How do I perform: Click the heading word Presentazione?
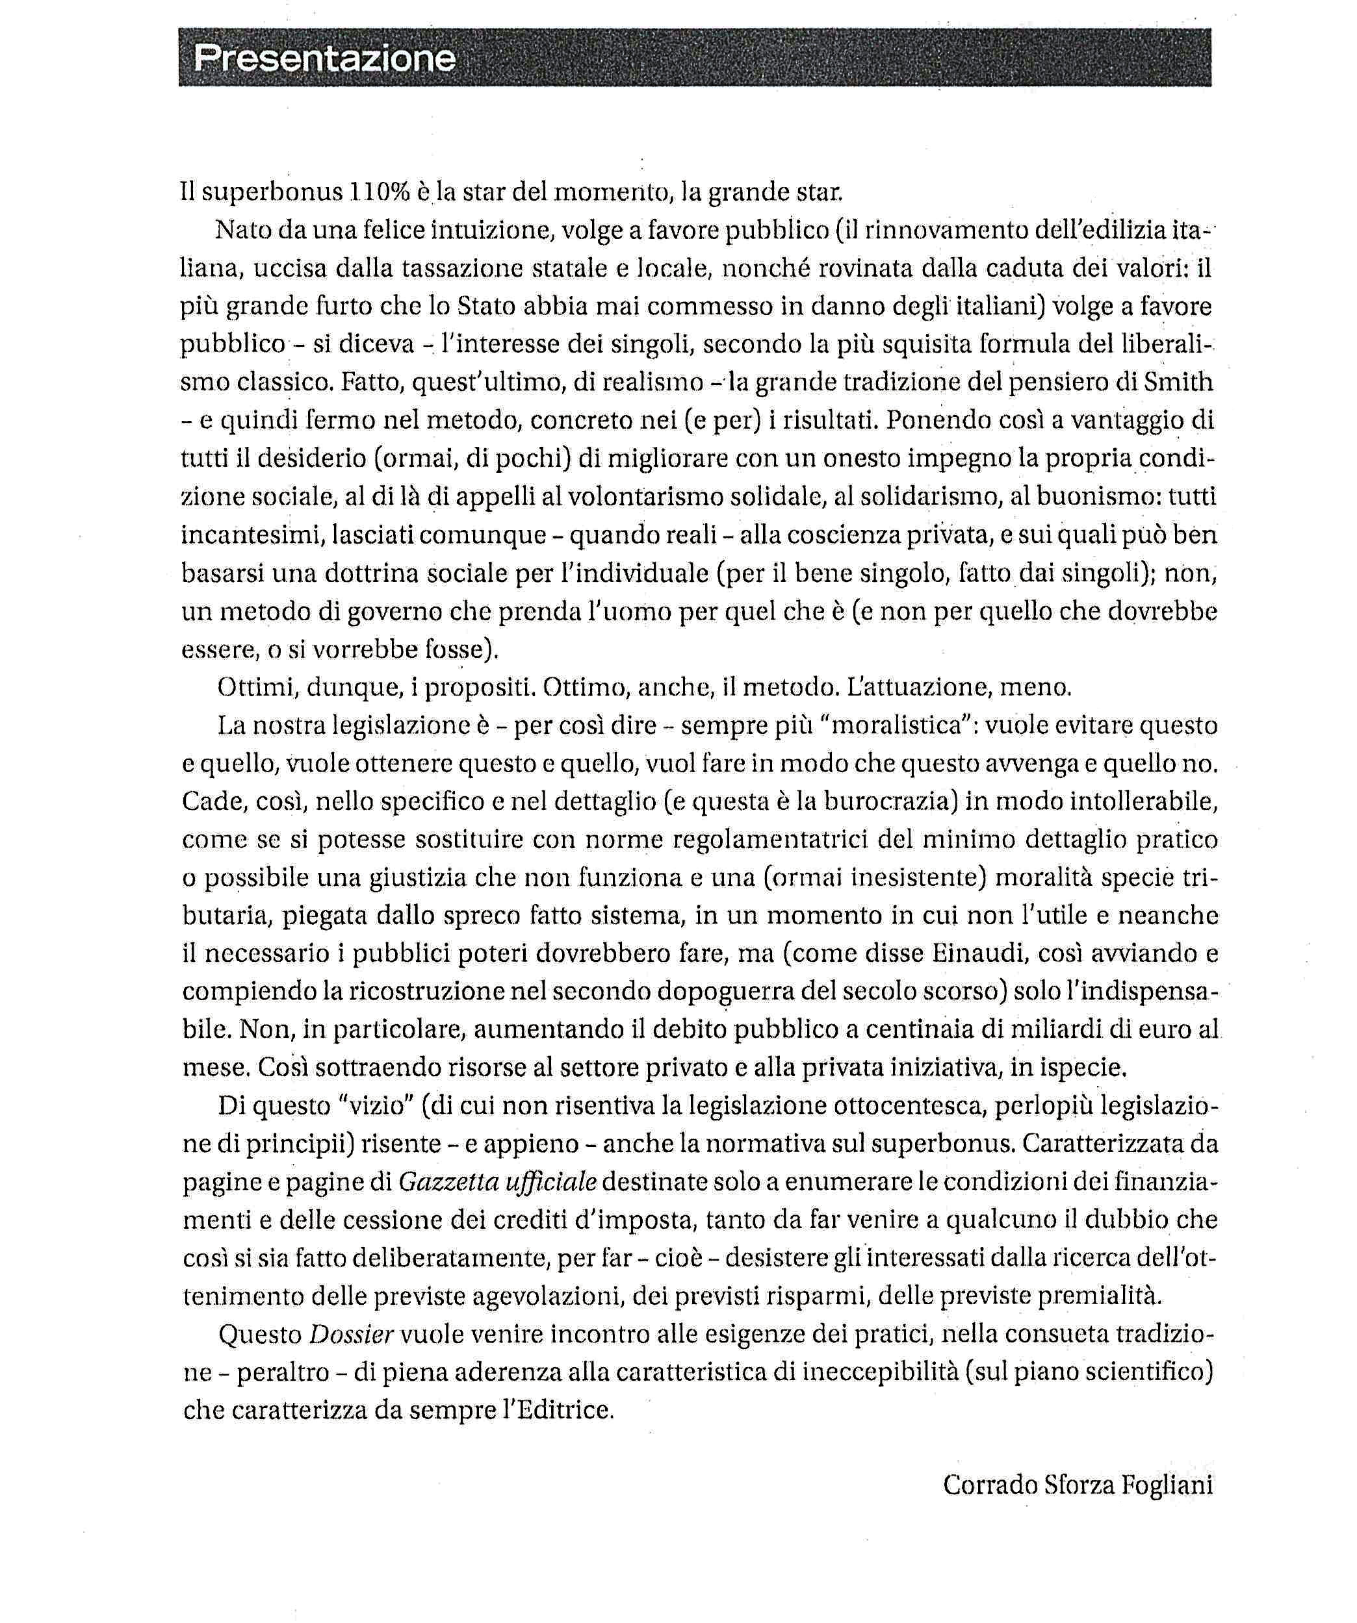click(x=325, y=58)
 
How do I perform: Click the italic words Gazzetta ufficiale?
click(x=498, y=1182)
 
